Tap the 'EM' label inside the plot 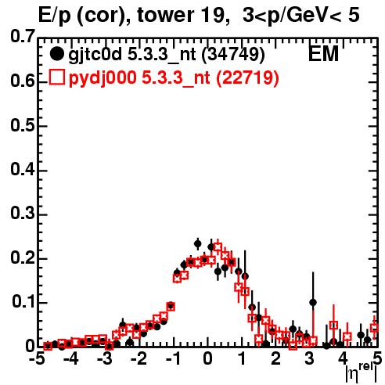click(323, 54)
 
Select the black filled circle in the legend click(56, 54)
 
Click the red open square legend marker click(56, 77)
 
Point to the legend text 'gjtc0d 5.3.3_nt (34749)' click(167, 55)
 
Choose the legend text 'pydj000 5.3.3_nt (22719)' click(174, 78)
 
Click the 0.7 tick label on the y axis click(23, 37)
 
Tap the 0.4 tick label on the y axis click(23, 169)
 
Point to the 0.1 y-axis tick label click(23, 302)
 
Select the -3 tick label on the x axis click(104, 359)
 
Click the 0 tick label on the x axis click(207, 359)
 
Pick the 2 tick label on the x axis click(275, 359)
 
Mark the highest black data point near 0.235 click(198, 244)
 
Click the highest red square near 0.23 click(218, 246)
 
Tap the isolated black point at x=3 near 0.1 click(313, 303)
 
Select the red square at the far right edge click(374, 328)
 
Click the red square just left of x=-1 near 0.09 click(171, 307)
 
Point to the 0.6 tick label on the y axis click(23, 81)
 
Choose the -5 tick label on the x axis click(36, 359)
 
